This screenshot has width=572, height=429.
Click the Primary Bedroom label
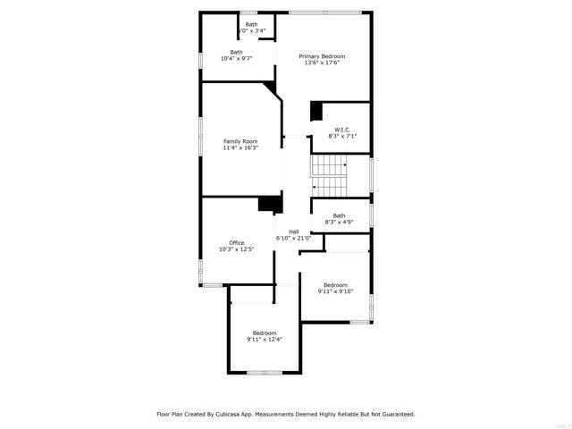[x=322, y=56]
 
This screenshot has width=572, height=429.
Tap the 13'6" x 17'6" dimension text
[x=322, y=63]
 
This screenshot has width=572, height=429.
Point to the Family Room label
[x=240, y=141]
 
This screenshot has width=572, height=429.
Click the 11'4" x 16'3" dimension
[x=240, y=148]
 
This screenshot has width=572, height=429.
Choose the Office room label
[x=236, y=242]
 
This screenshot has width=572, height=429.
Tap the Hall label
[x=293, y=231]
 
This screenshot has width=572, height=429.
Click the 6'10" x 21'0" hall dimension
[x=293, y=239]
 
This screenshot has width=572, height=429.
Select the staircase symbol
[x=328, y=175]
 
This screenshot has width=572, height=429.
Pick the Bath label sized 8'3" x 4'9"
[x=339, y=215]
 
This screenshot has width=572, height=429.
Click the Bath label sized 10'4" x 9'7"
[x=236, y=52]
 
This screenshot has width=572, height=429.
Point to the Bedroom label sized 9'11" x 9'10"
[x=335, y=285]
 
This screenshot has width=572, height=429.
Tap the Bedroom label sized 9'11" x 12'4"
[x=265, y=333]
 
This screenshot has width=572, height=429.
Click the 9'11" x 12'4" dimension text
[x=265, y=341]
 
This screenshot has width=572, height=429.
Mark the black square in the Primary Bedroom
[x=315, y=111]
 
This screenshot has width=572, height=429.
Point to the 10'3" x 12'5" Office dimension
[x=236, y=249]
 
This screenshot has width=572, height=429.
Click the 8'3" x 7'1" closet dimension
[x=342, y=137]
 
